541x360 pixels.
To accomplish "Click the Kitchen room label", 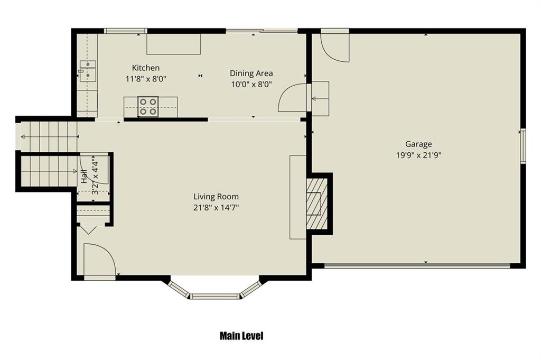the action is point(146,68).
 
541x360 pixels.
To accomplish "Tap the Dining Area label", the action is point(251,73).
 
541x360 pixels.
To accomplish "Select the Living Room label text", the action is point(216,197).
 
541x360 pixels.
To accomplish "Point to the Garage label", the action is point(418,144).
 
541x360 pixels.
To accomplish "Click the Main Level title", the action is point(241,336).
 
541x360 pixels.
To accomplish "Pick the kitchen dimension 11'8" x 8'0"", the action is point(146,79).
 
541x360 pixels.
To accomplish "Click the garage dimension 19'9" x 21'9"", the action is point(418,155).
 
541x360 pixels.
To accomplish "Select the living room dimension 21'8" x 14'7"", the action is point(216,208).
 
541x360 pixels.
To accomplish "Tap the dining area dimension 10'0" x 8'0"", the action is point(251,84).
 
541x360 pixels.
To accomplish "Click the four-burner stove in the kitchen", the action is point(148,106).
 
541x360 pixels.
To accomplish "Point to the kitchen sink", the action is point(88,71).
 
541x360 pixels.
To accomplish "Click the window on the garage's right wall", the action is point(523,146).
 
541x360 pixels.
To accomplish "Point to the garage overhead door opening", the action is point(417,265).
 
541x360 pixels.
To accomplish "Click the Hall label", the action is point(84,177).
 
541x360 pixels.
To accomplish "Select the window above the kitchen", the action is point(126,31).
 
